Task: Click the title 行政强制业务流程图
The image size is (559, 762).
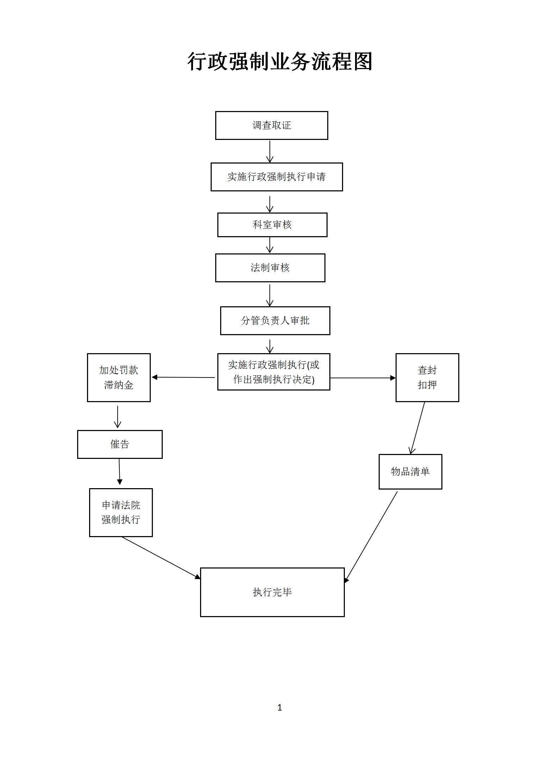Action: click(280, 62)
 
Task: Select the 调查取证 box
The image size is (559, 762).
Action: click(272, 125)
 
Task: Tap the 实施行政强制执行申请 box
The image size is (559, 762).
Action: click(277, 177)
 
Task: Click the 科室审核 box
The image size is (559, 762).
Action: click(272, 225)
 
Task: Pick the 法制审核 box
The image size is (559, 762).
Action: click(270, 268)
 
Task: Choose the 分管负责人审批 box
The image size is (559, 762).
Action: click(275, 321)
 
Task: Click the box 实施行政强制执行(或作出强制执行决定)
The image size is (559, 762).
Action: click(274, 372)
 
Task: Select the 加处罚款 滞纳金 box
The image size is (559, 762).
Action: click(119, 377)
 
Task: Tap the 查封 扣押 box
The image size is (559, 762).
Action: click(427, 377)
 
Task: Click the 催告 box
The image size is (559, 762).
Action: click(120, 444)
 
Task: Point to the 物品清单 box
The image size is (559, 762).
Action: click(410, 472)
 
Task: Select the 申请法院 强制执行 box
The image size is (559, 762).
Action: click(121, 512)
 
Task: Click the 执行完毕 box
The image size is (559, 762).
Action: click(272, 592)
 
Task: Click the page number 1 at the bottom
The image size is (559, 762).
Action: click(280, 707)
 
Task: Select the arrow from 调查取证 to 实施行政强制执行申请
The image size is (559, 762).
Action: click(270, 151)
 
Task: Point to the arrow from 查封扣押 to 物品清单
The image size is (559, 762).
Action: click(417, 428)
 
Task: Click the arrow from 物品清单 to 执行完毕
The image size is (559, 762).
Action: click(371, 536)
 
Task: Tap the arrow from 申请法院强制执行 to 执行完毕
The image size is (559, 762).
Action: click(161, 558)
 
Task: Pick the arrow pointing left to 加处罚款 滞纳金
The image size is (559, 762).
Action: click(183, 377)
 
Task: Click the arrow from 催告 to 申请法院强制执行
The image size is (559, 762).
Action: click(119, 472)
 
